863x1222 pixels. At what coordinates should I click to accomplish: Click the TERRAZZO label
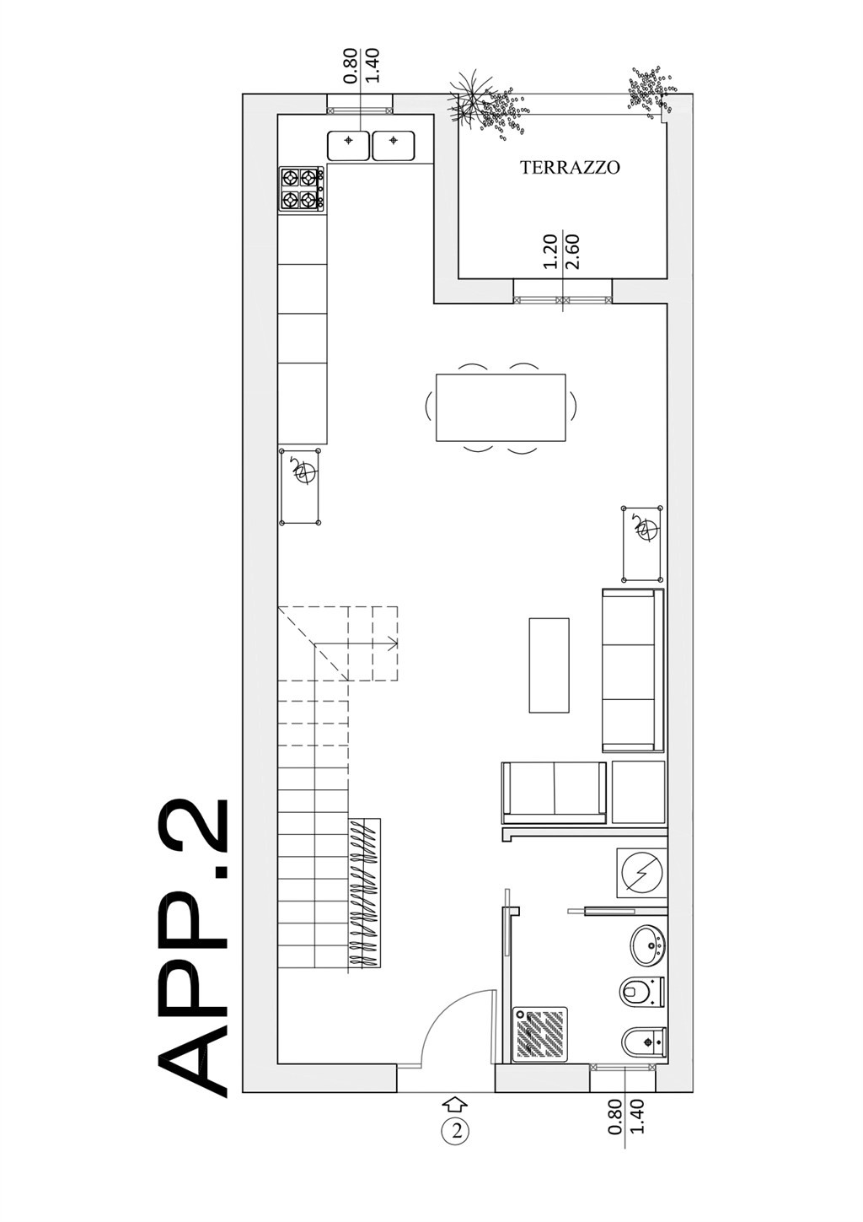click(569, 168)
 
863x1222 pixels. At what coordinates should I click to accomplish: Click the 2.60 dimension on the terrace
click(573, 251)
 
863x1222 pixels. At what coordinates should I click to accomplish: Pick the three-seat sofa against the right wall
click(632, 670)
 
